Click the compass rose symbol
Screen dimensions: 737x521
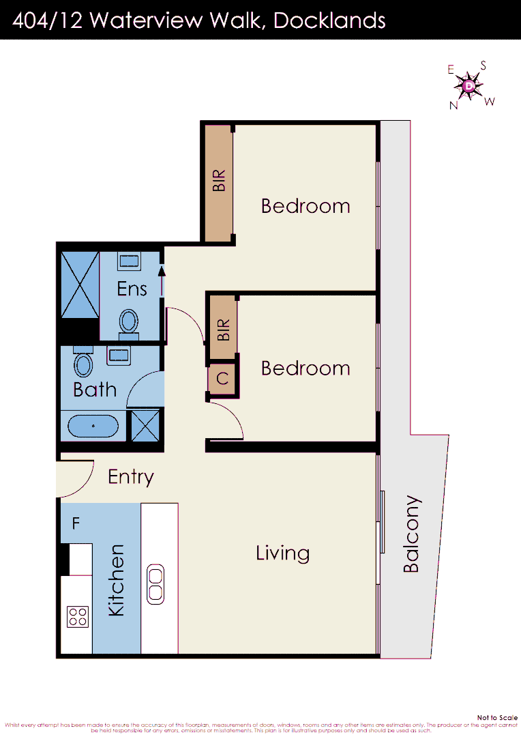tap(469, 86)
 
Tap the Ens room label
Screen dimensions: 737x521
tap(132, 289)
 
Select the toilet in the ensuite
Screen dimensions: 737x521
tap(128, 321)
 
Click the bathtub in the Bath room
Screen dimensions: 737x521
tap(93, 427)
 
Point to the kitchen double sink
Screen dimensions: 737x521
tap(155, 584)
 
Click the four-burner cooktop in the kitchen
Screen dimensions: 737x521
tap(78, 617)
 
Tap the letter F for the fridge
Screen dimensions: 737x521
tap(76, 524)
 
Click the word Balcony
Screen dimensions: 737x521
tap(412, 535)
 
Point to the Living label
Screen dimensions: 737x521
tap(282, 553)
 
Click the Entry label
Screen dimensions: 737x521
tap(131, 477)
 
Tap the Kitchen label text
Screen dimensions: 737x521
tap(117, 580)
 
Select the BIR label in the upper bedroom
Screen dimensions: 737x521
tap(218, 181)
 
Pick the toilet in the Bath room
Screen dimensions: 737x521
tap(83, 364)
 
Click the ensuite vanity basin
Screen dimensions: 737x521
tap(129, 260)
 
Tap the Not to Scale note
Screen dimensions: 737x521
tap(497, 717)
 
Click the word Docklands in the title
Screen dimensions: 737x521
tap(329, 20)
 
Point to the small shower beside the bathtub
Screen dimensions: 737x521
tap(146, 424)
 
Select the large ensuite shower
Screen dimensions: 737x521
tap(80, 285)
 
